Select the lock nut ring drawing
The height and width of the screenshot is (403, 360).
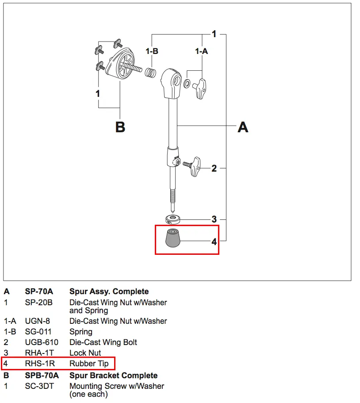click(x=172, y=219)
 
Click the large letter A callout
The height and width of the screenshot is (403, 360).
click(x=243, y=127)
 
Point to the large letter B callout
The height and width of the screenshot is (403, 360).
click(x=120, y=127)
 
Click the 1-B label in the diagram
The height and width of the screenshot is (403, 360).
click(x=152, y=51)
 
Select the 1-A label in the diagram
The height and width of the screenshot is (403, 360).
click(x=201, y=51)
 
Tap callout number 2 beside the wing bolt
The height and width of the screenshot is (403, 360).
click(x=214, y=168)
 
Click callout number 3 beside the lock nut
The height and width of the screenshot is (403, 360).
click(x=214, y=219)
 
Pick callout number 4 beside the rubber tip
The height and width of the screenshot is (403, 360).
click(x=214, y=242)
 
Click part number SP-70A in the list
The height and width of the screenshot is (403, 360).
click(x=39, y=292)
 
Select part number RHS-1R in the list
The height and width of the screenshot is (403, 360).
click(x=40, y=364)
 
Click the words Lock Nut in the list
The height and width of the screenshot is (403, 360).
click(x=85, y=353)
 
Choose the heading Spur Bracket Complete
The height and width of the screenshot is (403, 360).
click(x=114, y=376)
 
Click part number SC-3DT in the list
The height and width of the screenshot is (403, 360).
click(x=39, y=386)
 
